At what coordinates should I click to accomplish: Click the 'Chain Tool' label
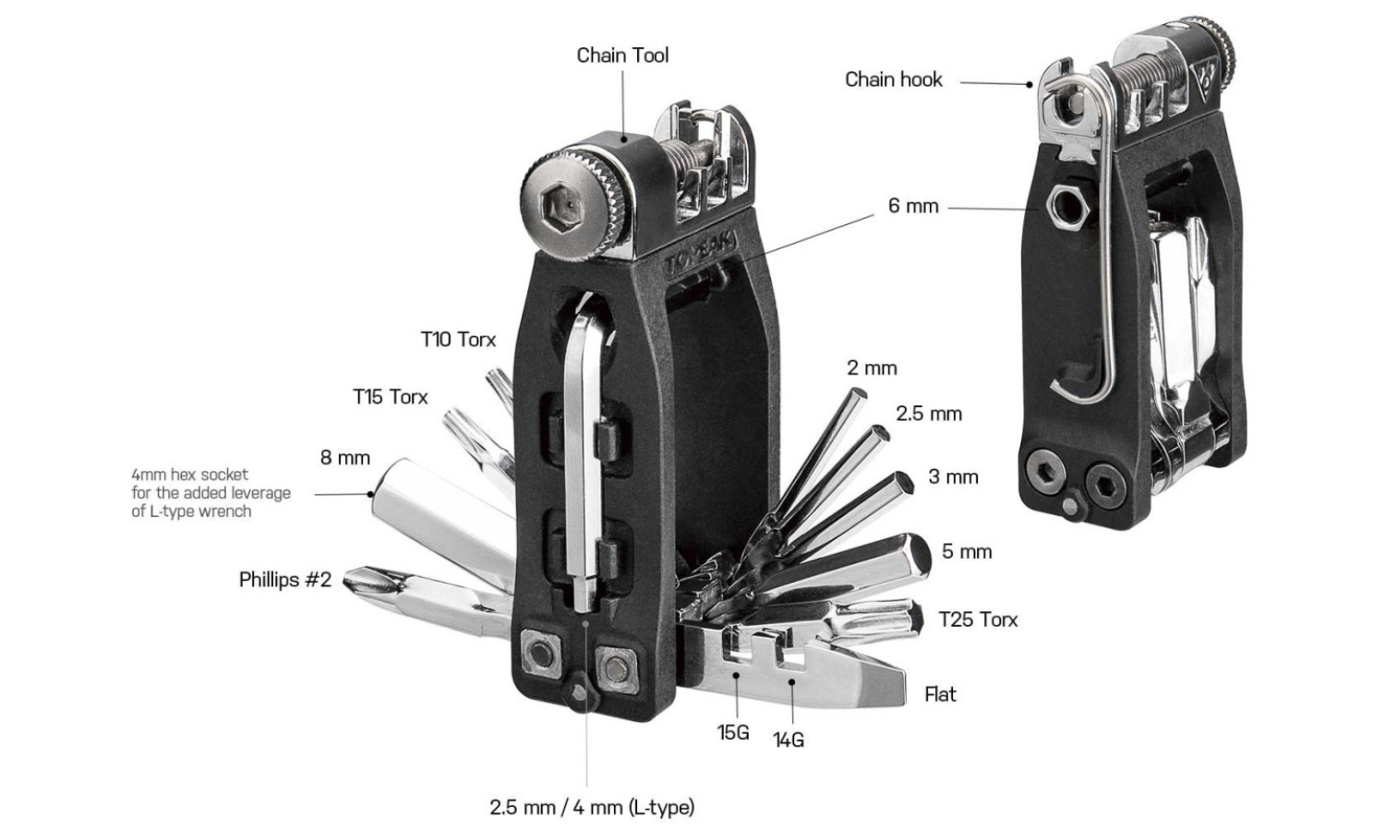coord(622,55)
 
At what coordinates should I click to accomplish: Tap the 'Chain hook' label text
coord(893,79)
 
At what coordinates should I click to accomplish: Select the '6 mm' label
coord(912,206)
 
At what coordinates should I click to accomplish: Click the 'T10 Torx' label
coord(458,340)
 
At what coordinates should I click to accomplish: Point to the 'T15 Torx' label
coord(390,397)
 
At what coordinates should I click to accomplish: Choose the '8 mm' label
coord(344,458)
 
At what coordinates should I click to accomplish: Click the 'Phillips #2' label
coord(284,580)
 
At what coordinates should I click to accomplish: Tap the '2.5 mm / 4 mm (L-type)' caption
coord(591,807)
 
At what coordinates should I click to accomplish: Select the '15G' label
coord(732,732)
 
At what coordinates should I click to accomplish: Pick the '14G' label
coord(788,740)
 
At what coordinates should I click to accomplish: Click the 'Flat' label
coord(940,694)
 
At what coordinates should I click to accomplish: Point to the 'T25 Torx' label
coord(978,620)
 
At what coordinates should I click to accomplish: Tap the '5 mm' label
coord(966,552)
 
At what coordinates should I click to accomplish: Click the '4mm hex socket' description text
coord(211,493)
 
